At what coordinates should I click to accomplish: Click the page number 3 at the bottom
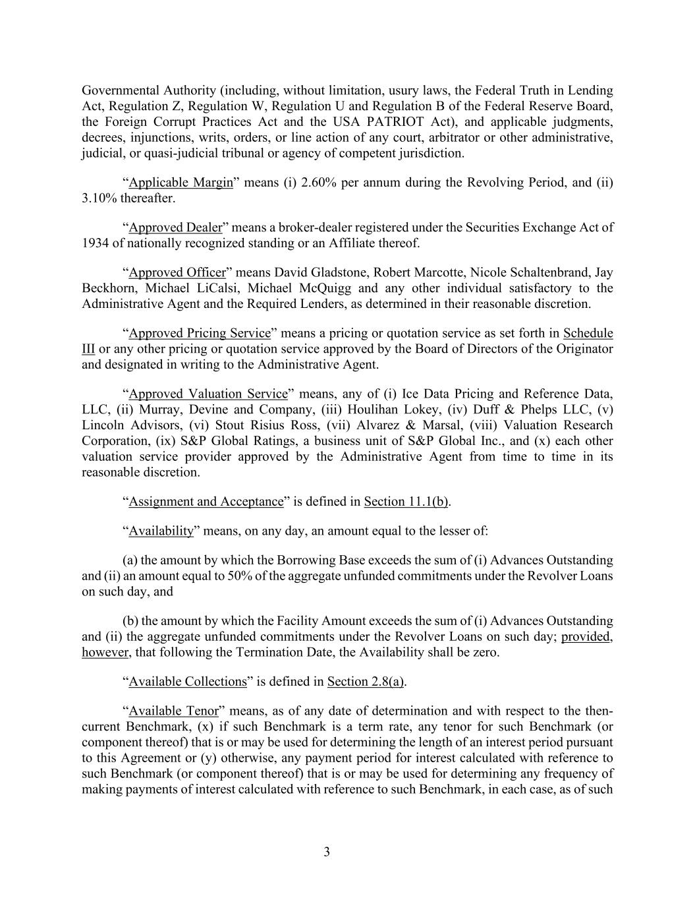(x=327, y=851)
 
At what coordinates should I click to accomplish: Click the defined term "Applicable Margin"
(x=181, y=183)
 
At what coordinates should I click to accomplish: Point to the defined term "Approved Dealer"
(x=175, y=227)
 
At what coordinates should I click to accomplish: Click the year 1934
(x=95, y=243)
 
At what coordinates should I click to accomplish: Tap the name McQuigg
(x=324, y=288)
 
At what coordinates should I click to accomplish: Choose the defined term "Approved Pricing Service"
(x=200, y=333)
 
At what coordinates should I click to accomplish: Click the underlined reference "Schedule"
(x=588, y=333)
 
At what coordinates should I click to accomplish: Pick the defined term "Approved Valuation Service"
(x=208, y=394)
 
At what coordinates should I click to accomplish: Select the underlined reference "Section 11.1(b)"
(x=406, y=502)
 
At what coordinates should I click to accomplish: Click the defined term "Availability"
(x=161, y=531)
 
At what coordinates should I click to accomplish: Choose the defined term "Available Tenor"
(x=173, y=711)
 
